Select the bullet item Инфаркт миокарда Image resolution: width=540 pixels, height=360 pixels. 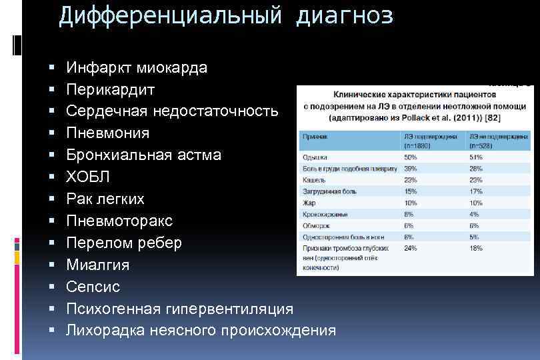tap(137, 67)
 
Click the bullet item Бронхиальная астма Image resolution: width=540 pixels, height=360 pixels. tap(143, 155)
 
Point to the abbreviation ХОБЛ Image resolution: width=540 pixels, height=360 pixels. tap(88, 177)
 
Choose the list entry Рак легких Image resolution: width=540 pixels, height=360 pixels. tap(105, 199)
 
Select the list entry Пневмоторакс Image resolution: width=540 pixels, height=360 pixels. tap(119, 221)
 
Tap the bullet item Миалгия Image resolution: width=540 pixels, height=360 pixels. tap(98, 265)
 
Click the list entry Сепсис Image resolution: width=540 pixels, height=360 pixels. tap(93, 287)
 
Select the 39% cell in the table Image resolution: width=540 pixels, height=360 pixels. tap(410, 168)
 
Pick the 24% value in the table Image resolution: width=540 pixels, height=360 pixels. tap(410, 247)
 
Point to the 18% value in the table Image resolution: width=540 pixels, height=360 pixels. tap(475, 247)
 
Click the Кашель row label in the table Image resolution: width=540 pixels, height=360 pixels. tap(314, 180)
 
